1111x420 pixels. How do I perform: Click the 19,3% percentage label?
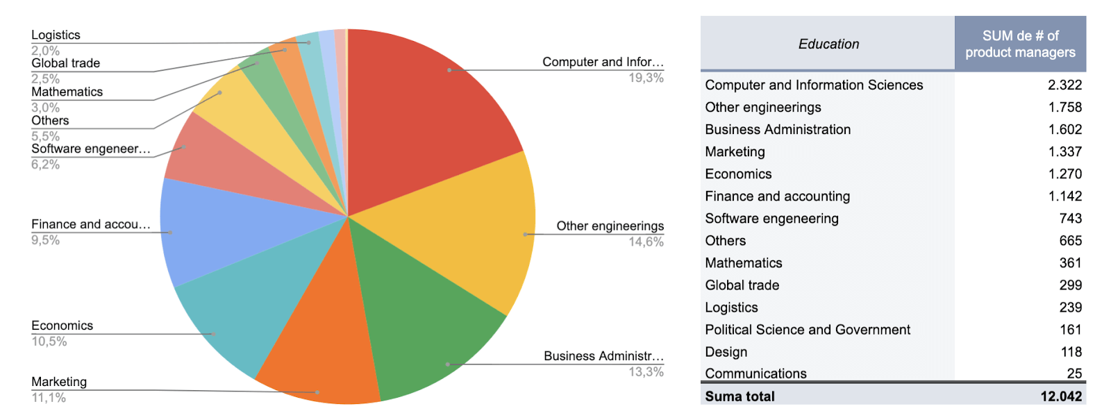pyautogui.click(x=646, y=78)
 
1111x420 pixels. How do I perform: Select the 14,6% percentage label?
pyautogui.click(x=646, y=242)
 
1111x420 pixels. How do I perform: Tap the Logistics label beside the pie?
pyautogui.click(x=56, y=35)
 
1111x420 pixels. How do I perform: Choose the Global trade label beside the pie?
pyautogui.click(x=65, y=63)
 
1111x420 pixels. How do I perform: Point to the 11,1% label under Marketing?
pyautogui.click(x=49, y=398)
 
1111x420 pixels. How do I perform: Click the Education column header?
pyautogui.click(x=828, y=44)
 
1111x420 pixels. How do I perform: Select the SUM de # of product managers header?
pyautogui.click(x=1019, y=44)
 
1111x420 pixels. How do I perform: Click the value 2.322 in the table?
pyautogui.click(x=1064, y=85)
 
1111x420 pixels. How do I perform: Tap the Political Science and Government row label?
pyautogui.click(x=807, y=330)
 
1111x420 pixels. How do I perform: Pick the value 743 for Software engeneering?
pyautogui.click(x=1070, y=219)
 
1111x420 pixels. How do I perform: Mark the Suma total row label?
pyautogui.click(x=740, y=396)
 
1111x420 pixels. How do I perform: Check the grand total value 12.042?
pyautogui.click(x=1060, y=396)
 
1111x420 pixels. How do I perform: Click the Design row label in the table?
pyautogui.click(x=726, y=352)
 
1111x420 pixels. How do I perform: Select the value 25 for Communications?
pyautogui.click(x=1074, y=373)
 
